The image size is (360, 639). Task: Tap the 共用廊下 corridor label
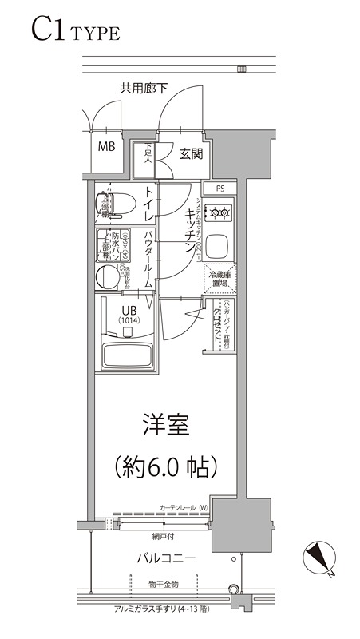click(x=144, y=89)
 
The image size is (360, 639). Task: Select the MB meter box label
click(x=106, y=147)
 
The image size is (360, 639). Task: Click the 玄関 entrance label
click(x=190, y=153)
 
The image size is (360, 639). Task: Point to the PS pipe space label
click(x=220, y=189)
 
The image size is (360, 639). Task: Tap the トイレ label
click(x=148, y=205)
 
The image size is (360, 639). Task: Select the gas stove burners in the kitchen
click(x=217, y=212)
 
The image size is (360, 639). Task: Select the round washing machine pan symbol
click(x=105, y=277)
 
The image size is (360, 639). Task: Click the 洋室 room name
click(x=166, y=425)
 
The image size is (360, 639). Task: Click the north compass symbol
click(x=319, y=556)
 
